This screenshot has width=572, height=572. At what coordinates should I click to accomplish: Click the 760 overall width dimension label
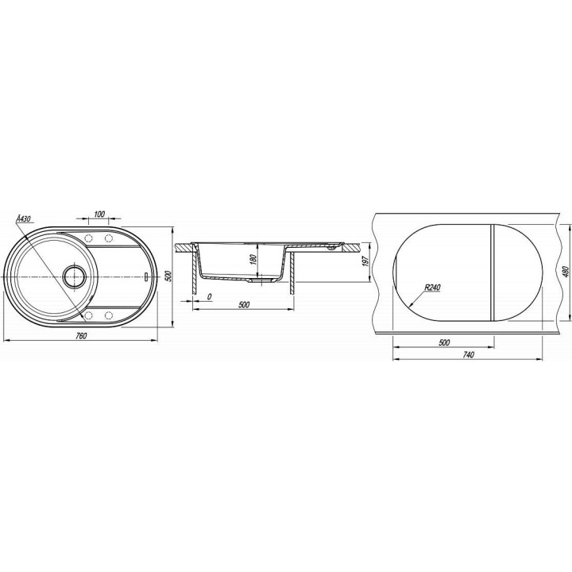(x=81, y=336)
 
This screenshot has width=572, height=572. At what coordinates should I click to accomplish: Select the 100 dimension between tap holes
(x=99, y=214)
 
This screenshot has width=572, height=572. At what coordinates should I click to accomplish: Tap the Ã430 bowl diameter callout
(x=24, y=219)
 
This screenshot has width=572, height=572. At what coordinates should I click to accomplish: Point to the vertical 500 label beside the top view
(x=168, y=276)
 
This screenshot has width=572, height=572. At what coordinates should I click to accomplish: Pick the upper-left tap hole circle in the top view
(x=88, y=238)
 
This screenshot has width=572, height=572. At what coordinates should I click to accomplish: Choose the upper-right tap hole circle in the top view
(x=108, y=238)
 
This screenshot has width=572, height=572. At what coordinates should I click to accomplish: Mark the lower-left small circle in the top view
(x=88, y=315)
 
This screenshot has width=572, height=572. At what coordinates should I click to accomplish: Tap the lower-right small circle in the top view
(x=108, y=315)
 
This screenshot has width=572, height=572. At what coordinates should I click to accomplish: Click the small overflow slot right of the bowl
(x=145, y=277)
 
